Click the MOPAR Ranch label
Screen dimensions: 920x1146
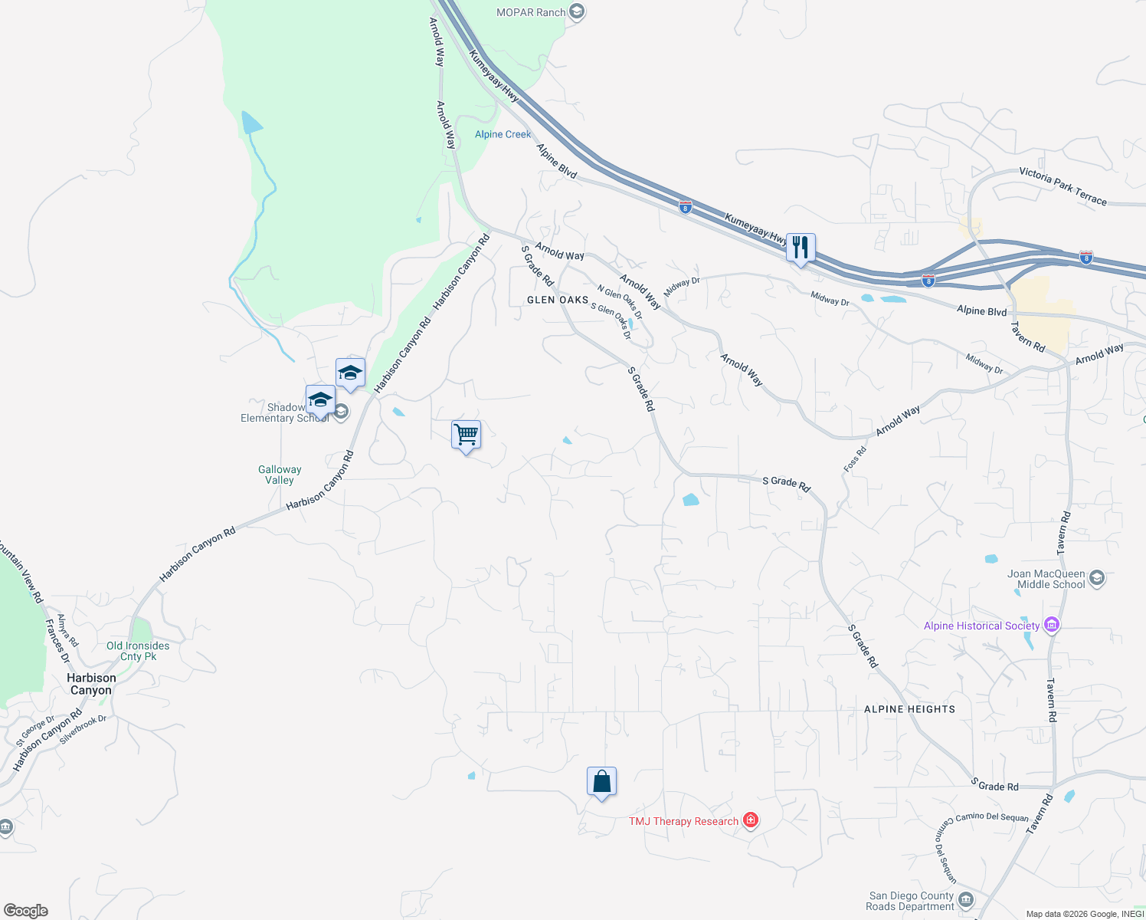point(531,12)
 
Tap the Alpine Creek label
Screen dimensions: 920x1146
point(503,134)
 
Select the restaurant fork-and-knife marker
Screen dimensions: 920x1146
point(801,248)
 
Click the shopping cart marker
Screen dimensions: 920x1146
point(467,435)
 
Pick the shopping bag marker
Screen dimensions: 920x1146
point(601,782)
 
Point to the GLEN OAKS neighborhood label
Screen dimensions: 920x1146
point(558,300)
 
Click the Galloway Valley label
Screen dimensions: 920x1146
point(280,475)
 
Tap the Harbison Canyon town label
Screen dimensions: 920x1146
point(91,684)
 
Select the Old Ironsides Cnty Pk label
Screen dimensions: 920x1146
point(138,651)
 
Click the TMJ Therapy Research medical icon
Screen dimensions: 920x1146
point(751,821)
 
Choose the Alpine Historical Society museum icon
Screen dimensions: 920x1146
point(1052,626)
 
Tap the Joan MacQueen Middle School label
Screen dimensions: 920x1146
point(1046,579)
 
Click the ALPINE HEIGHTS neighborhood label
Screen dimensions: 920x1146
point(909,709)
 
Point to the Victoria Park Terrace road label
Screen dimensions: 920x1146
point(1063,186)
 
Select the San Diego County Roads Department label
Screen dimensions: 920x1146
point(912,901)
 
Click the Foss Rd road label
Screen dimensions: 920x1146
point(855,458)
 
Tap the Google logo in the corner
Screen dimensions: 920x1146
point(26,911)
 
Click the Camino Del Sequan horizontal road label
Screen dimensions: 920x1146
point(992,817)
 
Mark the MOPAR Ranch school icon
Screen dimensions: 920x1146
point(577,11)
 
